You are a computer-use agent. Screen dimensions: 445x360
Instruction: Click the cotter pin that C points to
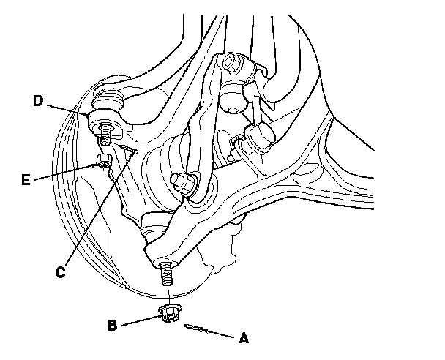[130, 151]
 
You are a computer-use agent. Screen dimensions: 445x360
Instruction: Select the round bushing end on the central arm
[178, 179]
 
